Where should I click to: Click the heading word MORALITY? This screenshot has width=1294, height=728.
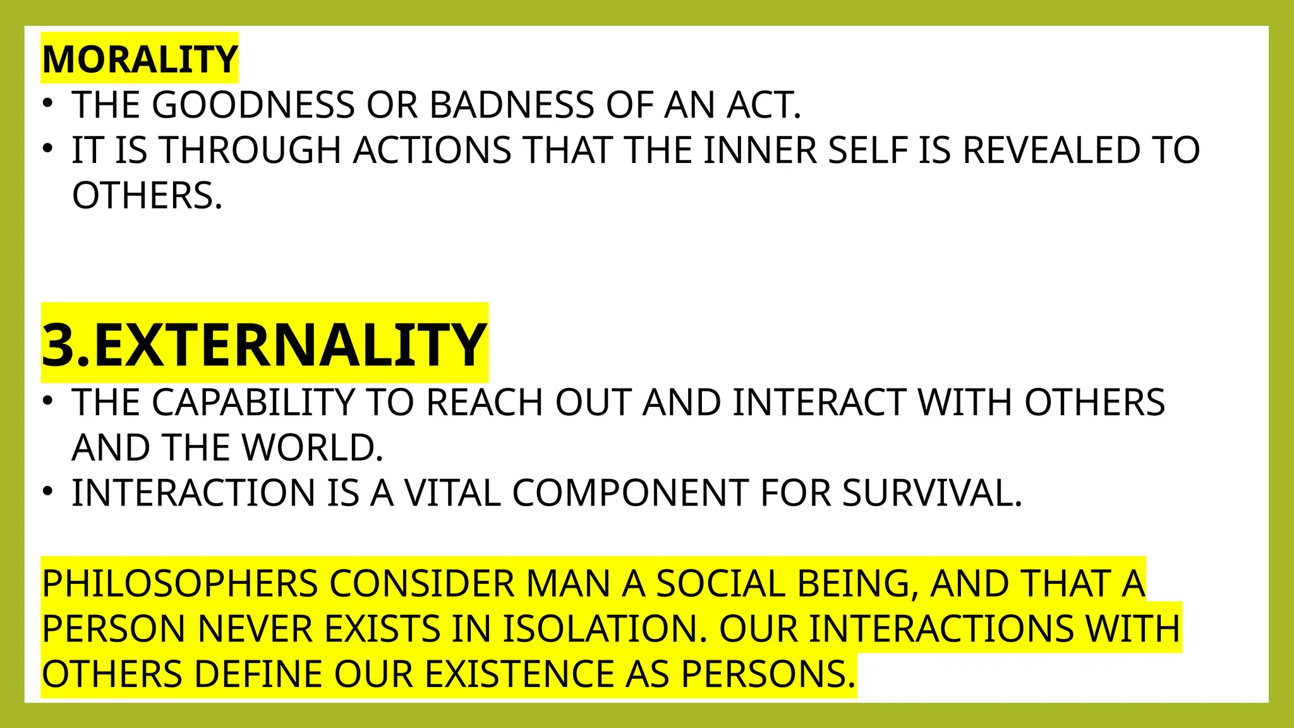pos(140,59)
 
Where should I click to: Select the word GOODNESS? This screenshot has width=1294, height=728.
pos(253,105)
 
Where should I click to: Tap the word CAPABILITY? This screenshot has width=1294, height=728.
pos(253,403)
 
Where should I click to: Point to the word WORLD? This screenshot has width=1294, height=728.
pos(312,448)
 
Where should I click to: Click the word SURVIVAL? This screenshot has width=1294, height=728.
pos(932,494)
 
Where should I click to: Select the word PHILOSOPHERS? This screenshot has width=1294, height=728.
pos(180,584)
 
